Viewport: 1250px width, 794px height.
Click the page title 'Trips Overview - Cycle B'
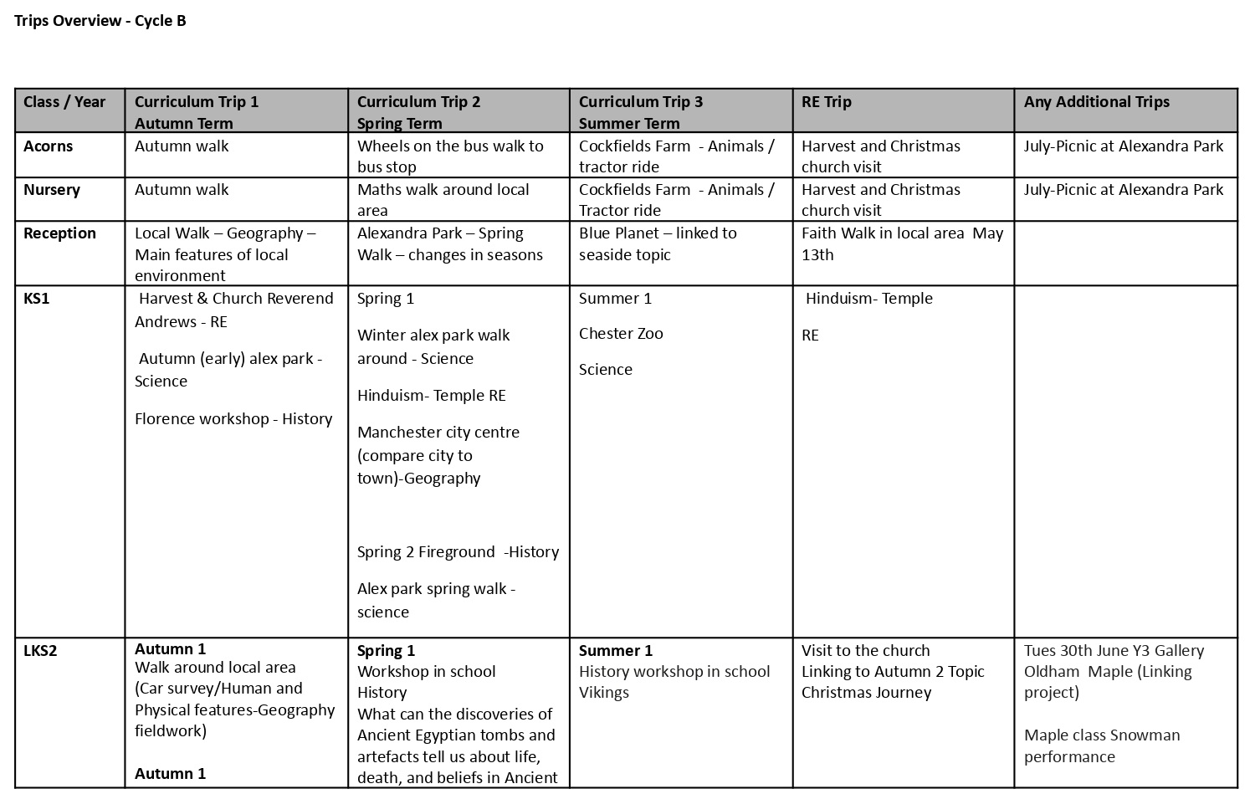click(x=100, y=21)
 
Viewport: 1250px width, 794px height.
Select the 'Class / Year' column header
click(x=64, y=102)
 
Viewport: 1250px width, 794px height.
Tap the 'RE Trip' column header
click(x=826, y=102)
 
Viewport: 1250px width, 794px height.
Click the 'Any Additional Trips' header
click(x=1096, y=102)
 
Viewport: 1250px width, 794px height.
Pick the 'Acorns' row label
click(x=48, y=146)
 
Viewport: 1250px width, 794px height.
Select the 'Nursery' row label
click(x=51, y=190)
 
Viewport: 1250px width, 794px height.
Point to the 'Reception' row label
click(x=59, y=233)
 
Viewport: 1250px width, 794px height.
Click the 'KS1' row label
click(x=37, y=299)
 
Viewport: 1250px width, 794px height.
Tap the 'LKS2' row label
click(x=40, y=651)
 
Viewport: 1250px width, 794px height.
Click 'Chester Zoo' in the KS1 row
click(x=621, y=333)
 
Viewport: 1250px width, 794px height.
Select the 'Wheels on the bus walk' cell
click(x=450, y=156)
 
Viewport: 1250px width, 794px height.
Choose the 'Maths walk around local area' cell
click(x=443, y=200)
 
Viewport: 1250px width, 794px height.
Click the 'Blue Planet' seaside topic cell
click(x=658, y=243)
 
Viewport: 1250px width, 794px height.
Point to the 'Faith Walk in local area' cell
click(x=902, y=243)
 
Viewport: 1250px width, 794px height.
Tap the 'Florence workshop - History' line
click(x=233, y=418)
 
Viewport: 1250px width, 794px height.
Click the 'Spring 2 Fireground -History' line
click(x=458, y=552)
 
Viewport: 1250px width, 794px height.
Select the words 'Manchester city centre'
click(x=438, y=433)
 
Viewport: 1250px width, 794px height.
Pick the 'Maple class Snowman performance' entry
click(x=1102, y=745)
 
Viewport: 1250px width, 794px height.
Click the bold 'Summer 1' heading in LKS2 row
click(x=616, y=651)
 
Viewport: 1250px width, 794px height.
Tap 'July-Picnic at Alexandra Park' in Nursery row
click(x=1124, y=190)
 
